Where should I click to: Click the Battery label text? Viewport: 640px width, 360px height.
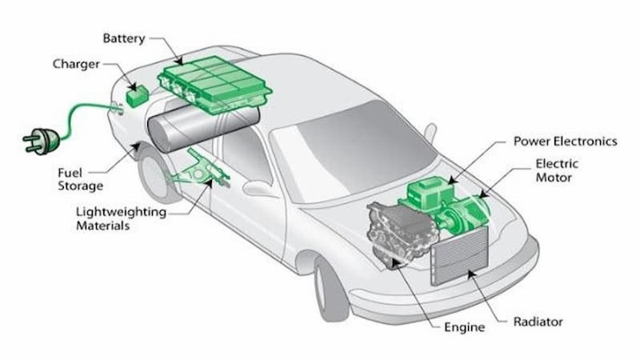pyautogui.click(x=124, y=38)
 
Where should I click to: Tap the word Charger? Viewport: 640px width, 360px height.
pyautogui.click(x=78, y=63)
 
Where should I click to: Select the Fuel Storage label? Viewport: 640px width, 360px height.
pyautogui.click(x=80, y=179)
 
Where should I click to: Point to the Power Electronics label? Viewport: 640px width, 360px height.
pyautogui.click(x=565, y=142)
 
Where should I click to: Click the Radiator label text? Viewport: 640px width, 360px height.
pyautogui.click(x=538, y=322)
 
